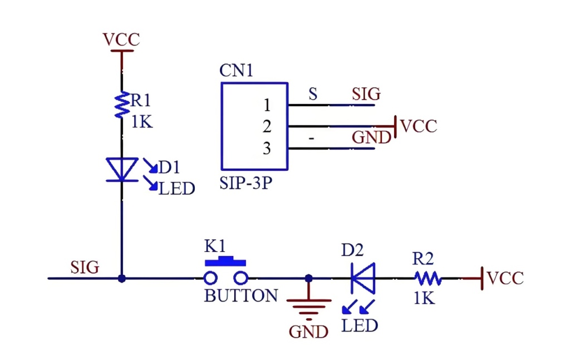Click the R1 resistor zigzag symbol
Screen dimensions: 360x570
pyautogui.click(x=121, y=105)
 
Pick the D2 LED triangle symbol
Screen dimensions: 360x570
pyautogui.click(x=363, y=278)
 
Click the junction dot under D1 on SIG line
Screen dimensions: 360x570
pyautogui.click(x=121, y=278)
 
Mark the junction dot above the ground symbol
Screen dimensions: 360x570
pyautogui.click(x=309, y=278)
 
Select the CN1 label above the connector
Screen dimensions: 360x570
pyautogui.click(x=236, y=71)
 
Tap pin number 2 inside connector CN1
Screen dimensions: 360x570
pyautogui.click(x=267, y=127)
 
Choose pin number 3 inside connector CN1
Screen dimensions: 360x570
pyautogui.click(x=267, y=149)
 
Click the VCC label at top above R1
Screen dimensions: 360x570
pyautogui.click(x=121, y=40)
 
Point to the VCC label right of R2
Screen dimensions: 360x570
pyautogui.click(x=505, y=278)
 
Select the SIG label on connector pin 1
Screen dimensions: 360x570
pyautogui.click(x=366, y=94)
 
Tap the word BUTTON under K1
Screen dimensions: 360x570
pyautogui.click(x=241, y=295)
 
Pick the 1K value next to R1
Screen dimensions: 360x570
pyautogui.click(x=141, y=121)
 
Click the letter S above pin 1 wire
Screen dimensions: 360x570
pyautogui.click(x=313, y=94)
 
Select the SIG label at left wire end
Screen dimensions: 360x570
pyautogui.click(x=85, y=267)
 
